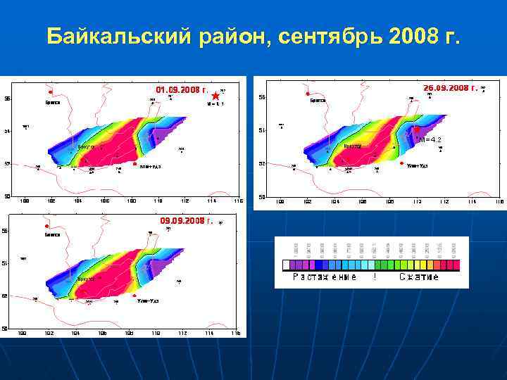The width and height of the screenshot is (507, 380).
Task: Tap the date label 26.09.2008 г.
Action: (x=451, y=88)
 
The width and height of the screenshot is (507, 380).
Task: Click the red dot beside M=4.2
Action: (x=416, y=129)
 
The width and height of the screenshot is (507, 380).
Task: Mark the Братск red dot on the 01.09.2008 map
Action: (x=50, y=92)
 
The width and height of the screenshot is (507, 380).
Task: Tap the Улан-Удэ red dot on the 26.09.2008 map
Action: (x=401, y=163)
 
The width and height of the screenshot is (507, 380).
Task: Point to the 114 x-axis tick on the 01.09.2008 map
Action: (x=211, y=201)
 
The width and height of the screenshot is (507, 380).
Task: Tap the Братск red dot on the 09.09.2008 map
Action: (x=46, y=226)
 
